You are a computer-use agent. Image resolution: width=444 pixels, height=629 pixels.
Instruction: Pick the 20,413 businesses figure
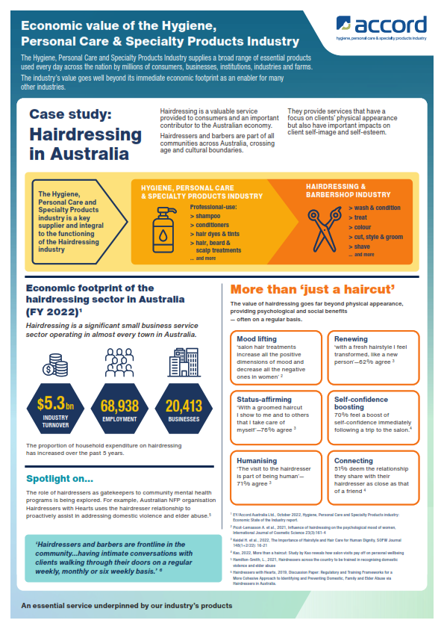[x=183, y=407]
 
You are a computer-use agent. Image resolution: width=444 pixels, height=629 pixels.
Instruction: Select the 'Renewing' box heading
[x=351, y=339]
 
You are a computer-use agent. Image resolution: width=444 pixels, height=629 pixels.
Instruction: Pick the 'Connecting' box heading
[x=354, y=461]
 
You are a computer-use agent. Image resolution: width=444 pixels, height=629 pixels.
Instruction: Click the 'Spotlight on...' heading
[x=60, y=478]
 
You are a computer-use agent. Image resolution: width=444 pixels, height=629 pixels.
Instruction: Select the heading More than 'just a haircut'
[x=313, y=289]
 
